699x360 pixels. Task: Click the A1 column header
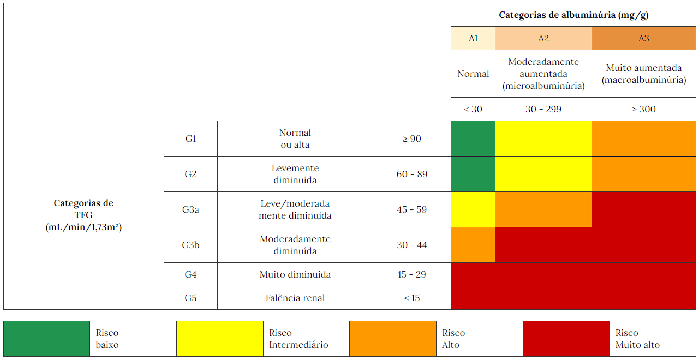473,38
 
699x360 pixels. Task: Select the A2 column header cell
543,38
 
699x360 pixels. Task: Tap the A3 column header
644,38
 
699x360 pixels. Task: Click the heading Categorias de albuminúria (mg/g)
573,15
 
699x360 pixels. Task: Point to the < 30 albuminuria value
473,109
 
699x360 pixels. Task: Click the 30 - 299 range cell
543,109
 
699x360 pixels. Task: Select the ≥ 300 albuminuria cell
644,109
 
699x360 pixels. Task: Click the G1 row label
190,139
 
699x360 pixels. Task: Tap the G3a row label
190,209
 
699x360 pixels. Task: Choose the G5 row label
190,298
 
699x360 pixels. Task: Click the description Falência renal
295,298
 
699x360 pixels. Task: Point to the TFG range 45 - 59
412,209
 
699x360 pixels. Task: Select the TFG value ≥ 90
412,139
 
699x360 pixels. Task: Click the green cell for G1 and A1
473,139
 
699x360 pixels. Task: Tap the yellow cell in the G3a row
473,209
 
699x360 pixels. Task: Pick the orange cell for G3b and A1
473,245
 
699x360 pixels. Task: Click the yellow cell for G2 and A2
543,174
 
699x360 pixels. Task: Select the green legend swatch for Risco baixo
46,339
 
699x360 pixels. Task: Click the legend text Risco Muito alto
637,339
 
